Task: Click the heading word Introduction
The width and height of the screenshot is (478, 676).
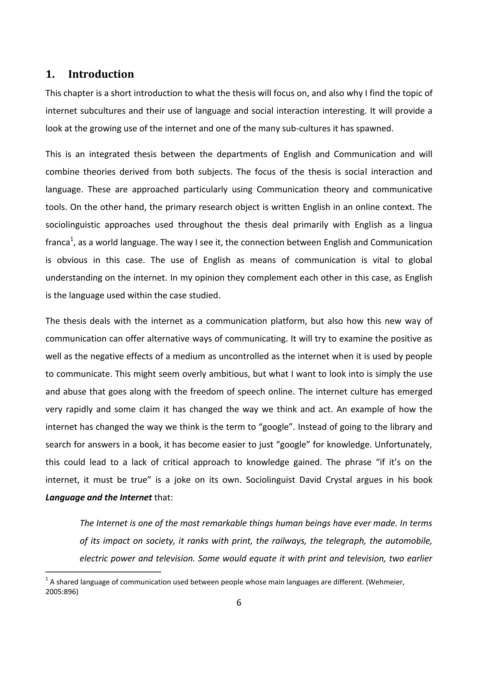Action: [101, 74]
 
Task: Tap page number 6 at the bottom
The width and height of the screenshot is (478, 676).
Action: [239, 603]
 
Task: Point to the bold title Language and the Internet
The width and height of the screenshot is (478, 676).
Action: [98, 498]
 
